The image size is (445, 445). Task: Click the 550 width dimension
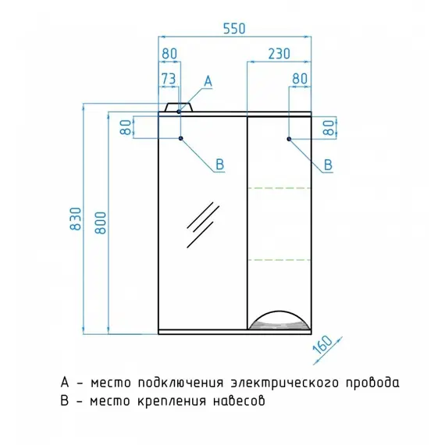pos(234,29)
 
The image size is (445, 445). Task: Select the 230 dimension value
pos(279,54)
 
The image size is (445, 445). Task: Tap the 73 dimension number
pos(169,79)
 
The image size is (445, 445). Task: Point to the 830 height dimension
pos(76,219)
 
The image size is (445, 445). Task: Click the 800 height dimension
pos(101,222)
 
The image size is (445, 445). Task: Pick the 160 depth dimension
pos(322,344)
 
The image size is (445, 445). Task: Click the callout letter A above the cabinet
pos(208,81)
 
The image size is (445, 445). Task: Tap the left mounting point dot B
pos(181,138)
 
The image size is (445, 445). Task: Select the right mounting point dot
pos(289,139)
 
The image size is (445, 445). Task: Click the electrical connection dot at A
pos(179,112)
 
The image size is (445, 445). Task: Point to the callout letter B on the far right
pos(328,165)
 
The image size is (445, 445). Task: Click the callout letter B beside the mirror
pos(220,164)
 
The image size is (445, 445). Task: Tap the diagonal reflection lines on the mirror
pos(203,225)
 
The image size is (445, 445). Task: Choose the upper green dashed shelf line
pos(279,188)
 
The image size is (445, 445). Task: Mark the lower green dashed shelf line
pos(279,260)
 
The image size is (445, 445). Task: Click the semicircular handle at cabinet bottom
pos(279,320)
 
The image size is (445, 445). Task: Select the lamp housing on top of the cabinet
pos(179,107)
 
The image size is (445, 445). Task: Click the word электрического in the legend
pos(285,383)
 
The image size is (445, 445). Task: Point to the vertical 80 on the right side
pos(329,128)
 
